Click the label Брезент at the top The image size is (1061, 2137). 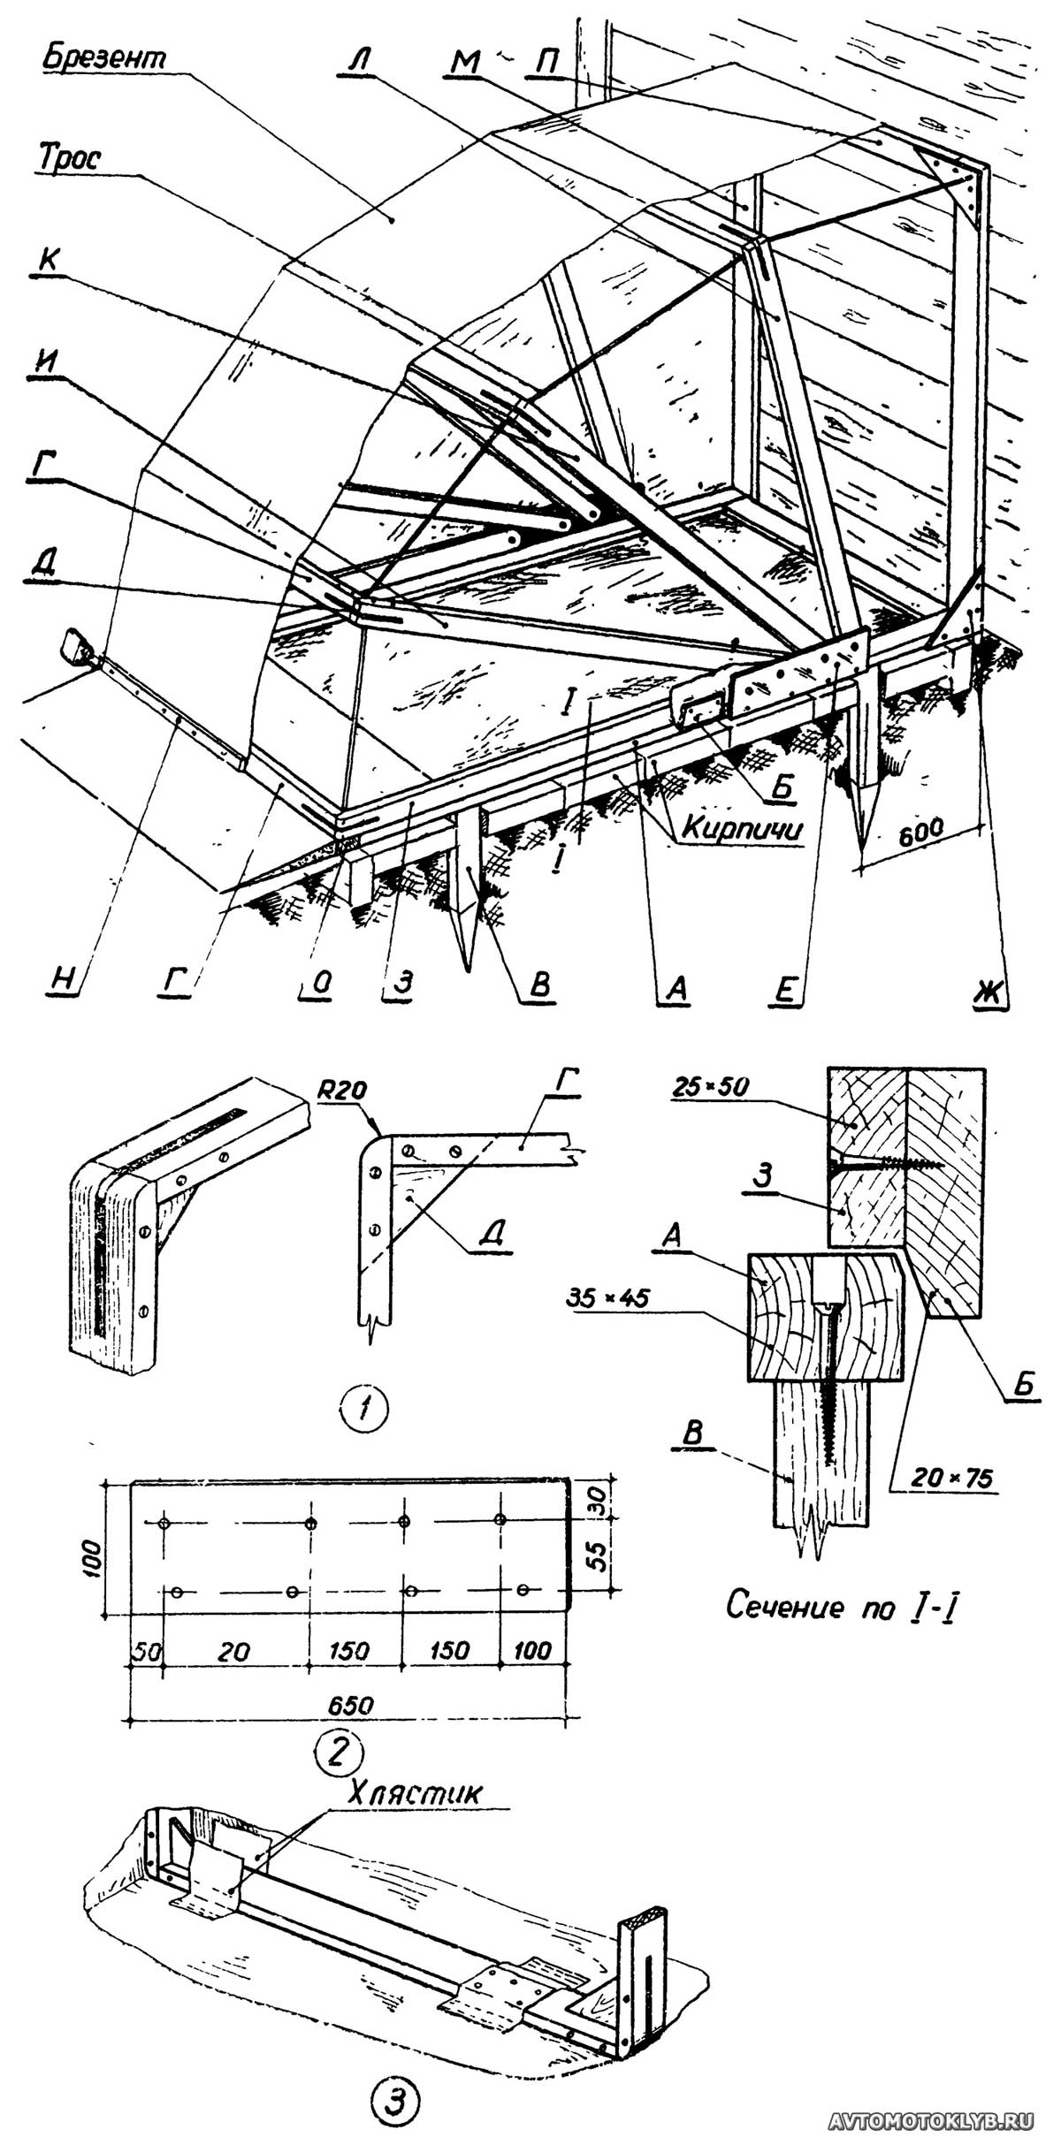click(x=104, y=58)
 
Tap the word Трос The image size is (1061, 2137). click(x=68, y=158)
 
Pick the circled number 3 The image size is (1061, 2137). click(x=395, y=2091)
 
